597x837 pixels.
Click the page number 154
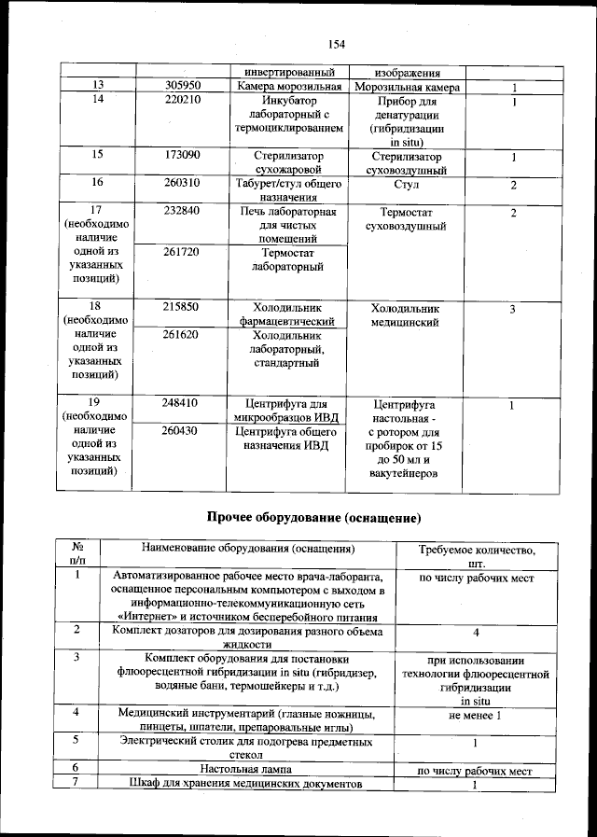[x=337, y=44]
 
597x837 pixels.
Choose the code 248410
[x=179, y=404]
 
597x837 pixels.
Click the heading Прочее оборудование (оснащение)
[x=313, y=517]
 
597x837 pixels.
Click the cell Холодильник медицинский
[x=405, y=315]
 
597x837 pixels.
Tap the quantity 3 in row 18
[x=512, y=308]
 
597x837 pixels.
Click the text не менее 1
[x=476, y=715]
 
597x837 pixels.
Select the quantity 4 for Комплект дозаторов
[x=476, y=633]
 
